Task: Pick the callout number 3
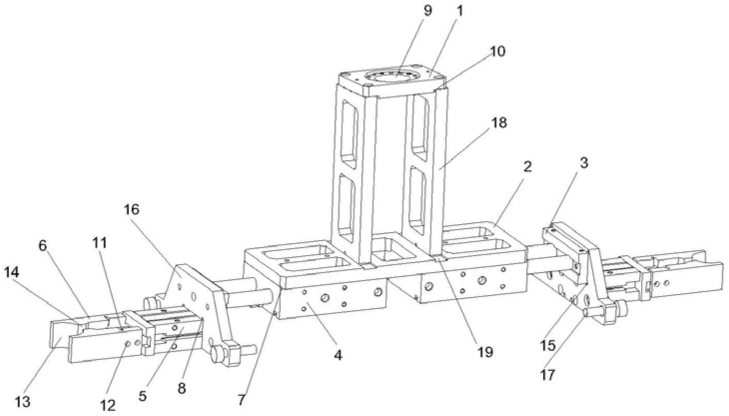click(x=584, y=163)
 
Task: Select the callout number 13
click(x=22, y=402)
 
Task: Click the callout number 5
click(x=143, y=396)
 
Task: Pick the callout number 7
click(x=242, y=400)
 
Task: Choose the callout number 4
click(x=338, y=356)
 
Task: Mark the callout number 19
click(x=484, y=352)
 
